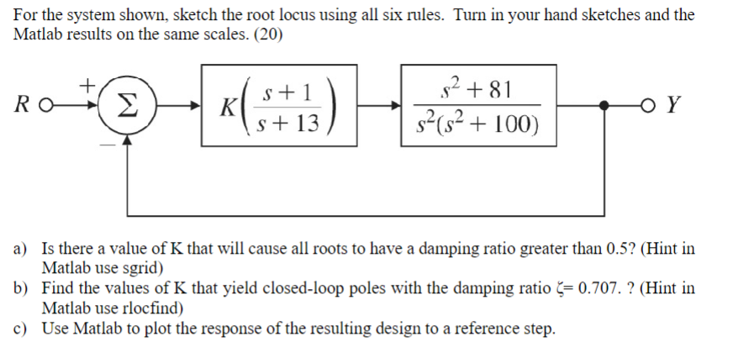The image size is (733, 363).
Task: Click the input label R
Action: click(24, 107)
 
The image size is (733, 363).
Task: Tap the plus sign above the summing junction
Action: click(86, 84)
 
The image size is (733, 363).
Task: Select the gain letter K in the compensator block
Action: click(225, 108)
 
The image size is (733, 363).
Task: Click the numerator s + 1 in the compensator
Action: click(288, 92)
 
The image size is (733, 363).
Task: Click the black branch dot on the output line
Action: click(604, 107)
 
